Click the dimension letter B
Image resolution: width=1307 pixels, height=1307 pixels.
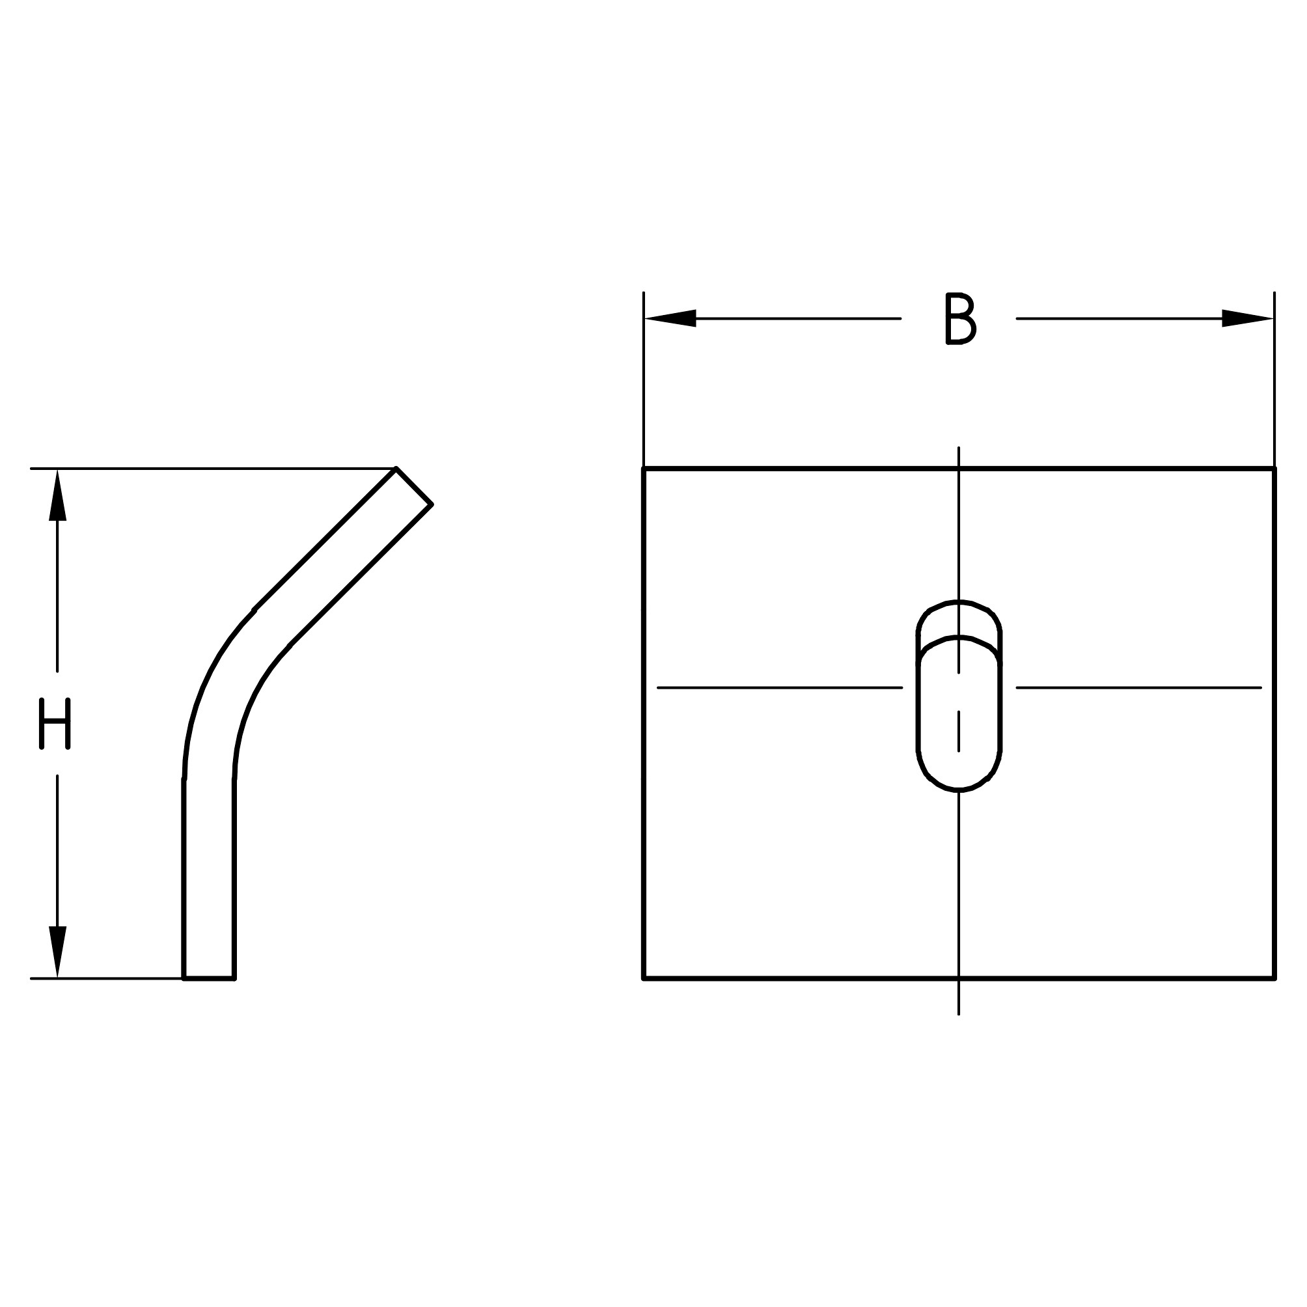pyautogui.click(x=959, y=319)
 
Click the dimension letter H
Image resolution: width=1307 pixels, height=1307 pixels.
pyautogui.click(x=55, y=724)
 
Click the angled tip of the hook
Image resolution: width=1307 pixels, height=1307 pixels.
pyautogui.click(x=414, y=486)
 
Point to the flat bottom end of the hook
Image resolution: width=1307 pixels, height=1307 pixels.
pyautogui.click(x=208, y=978)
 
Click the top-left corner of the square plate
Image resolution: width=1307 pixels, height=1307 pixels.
pyautogui.click(x=643, y=468)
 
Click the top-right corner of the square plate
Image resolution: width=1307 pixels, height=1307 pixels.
pyautogui.click(x=1274, y=468)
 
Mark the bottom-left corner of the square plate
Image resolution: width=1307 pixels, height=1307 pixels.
pyautogui.click(x=643, y=978)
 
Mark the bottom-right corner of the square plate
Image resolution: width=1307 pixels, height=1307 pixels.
pyautogui.click(x=1274, y=978)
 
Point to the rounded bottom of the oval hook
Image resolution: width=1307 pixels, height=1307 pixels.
pyautogui.click(x=959, y=788)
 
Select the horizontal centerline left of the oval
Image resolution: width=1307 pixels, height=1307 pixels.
pyautogui.click(x=778, y=688)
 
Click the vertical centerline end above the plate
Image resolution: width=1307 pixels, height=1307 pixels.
pyautogui.click(x=959, y=449)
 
